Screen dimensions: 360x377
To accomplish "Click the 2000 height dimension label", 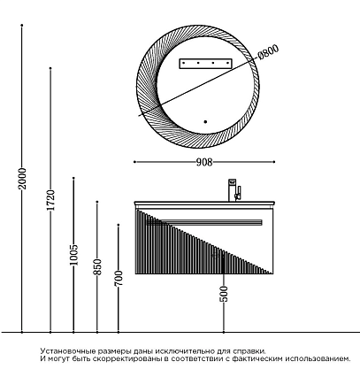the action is (x=22, y=179).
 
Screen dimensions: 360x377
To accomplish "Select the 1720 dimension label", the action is (x=50, y=200).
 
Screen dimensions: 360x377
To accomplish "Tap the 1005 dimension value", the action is (x=73, y=255).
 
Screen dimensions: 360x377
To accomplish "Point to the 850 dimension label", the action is (x=97, y=267).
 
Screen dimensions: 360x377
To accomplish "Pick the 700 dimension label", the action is (x=119, y=278).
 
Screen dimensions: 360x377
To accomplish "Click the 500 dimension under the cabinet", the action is (x=224, y=294).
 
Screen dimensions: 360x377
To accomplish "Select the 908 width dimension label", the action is (x=204, y=162).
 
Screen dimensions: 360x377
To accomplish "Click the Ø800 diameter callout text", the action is (x=268, y=52).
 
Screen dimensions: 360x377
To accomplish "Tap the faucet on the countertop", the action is (x=234, y=190).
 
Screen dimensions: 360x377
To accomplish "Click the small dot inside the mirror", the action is (x=205, y=121).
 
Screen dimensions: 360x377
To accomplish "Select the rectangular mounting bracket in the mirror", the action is (x=206, y=64).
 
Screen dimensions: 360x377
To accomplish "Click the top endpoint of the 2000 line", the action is (x=22, y=26).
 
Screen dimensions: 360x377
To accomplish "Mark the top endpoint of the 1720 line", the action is (x=50, y=68).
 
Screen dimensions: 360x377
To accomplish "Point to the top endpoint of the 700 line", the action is (x=119, y=225).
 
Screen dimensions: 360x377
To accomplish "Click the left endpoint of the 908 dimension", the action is (x=134, y=162).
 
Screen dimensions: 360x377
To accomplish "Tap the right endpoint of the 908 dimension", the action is (x=274, y=162).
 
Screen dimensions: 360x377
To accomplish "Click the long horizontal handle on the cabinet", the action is (x=203, y=222).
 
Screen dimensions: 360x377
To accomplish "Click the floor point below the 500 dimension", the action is (x=224, y=332).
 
